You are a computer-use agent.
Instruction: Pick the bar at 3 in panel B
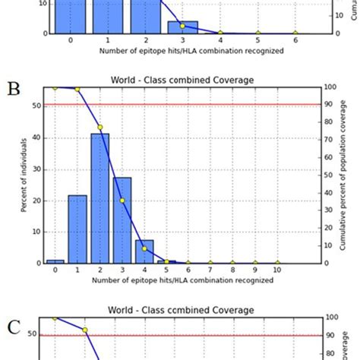coord(122,220)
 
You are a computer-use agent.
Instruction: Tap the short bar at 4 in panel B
coord(144,251)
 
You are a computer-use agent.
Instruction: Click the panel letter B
coord(13,88)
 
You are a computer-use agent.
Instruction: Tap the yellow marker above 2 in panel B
coord(99,127)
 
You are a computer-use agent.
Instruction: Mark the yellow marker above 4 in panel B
coord(144,248)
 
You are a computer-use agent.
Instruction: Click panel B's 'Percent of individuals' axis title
coord(25,175)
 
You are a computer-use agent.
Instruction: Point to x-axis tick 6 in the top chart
coord(294,41)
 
